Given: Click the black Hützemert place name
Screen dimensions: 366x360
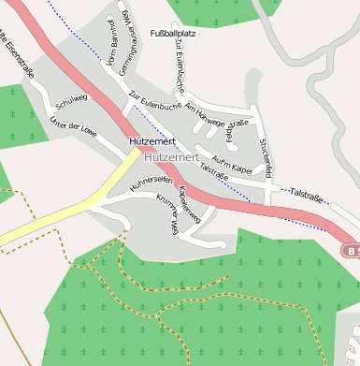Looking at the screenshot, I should tap(151, 142).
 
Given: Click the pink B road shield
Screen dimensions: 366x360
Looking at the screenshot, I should tap(350, 251).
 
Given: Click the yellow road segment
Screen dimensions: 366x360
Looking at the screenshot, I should tap(65, 212).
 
